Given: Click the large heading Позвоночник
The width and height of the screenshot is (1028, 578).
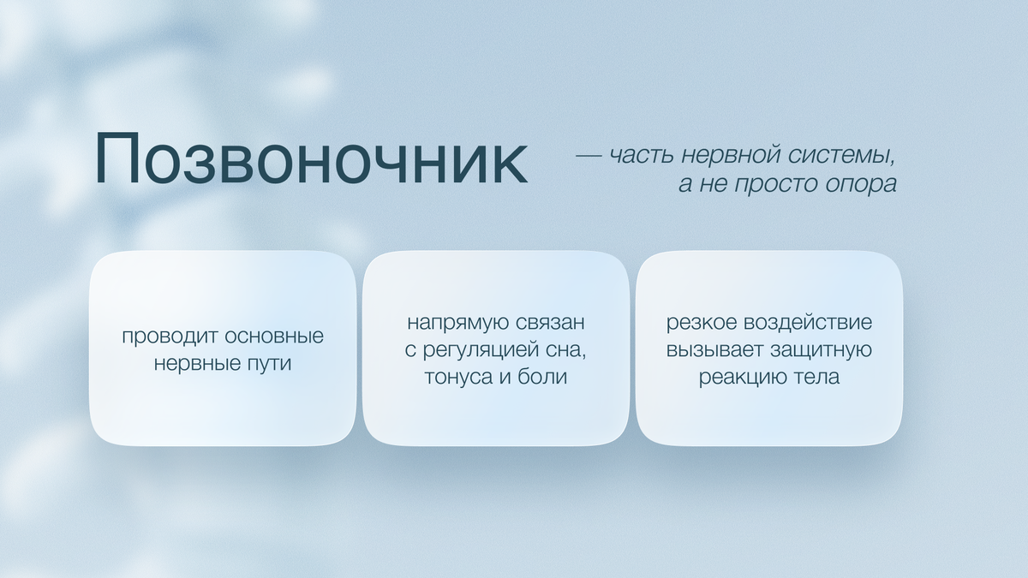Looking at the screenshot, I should [311, 160].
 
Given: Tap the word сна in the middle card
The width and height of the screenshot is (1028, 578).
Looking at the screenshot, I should [573, 350].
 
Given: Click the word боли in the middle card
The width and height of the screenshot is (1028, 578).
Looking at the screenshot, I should [543, 378].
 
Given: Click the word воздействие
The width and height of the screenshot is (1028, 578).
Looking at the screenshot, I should [809, 324].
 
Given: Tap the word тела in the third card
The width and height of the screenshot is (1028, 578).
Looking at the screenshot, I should [817, 378].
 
